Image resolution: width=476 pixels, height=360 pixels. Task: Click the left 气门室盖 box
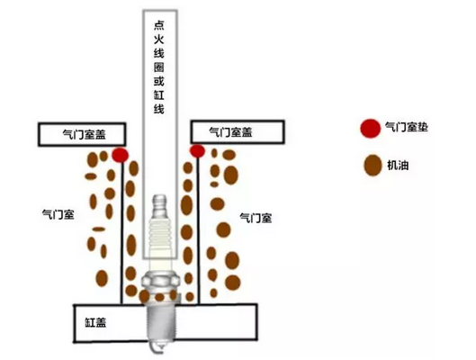pyautogui.click(x=82, y=134)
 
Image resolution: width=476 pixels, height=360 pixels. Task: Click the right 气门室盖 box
pyautogui.click(x=238, y=131)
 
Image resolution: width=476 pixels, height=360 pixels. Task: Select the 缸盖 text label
pyautogui.click(x=95, y=322)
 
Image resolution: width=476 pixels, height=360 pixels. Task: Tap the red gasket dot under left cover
pyautogui.click(x=121, y=155)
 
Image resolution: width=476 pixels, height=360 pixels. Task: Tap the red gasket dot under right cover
pyautogui.click(x=197, y=151)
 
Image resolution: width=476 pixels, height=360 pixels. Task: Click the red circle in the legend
pyautogui.click(x=371, y=129)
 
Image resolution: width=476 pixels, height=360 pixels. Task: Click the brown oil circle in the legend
pyautogui.click(x=373, y=166)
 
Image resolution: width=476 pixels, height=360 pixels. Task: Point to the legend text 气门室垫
pyautogui.click(x=407, y=127)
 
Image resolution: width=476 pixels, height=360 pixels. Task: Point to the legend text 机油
pyautogui.click(x=398, y=165)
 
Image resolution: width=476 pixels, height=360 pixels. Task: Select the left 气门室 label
pyautogui.click(x=58, y=214)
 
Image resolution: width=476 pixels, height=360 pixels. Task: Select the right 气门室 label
pyautogui.click(x=256, y=218)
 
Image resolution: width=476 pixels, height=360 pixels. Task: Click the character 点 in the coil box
pyautogui.click(x=159, y=25)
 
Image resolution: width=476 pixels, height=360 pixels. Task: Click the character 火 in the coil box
pyautogui.click(x=159, y=40)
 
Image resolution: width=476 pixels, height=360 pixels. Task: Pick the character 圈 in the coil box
pyautogui.click(x=159, y=67)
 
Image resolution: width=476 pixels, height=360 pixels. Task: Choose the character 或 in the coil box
pyautogui.click(x=159, y=81)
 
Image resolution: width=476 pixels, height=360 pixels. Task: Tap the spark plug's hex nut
pyautogui.click(x=160, y=279)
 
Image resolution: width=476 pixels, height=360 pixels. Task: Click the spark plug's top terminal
pyautogui.click(x=159, y=206)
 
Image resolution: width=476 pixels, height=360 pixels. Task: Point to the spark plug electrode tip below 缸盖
pyautogui.click(x=157, y=348)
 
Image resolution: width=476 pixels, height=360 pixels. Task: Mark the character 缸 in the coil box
pyautogui.click(x=159, y=95)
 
